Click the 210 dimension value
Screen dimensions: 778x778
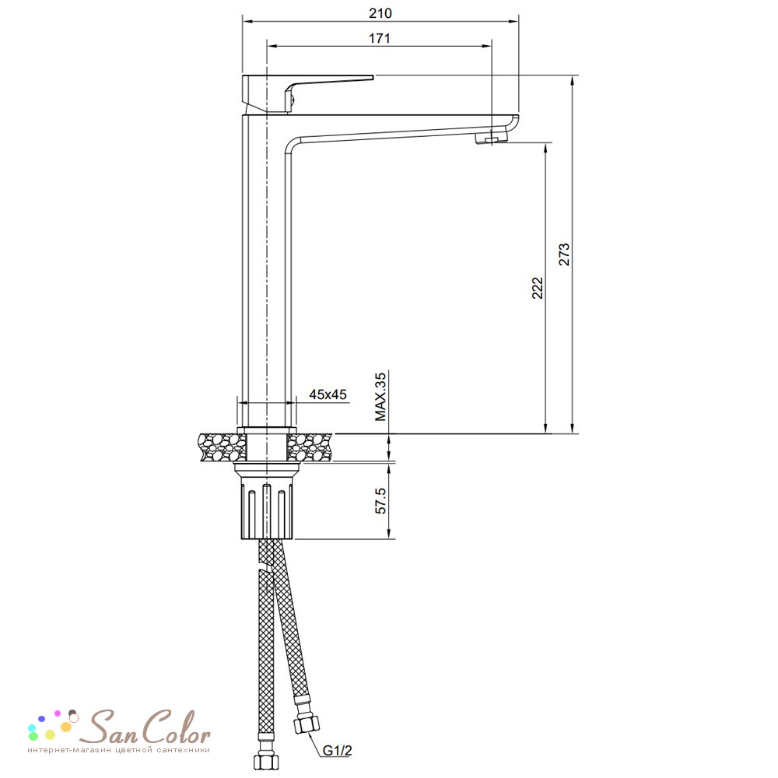(380, 13)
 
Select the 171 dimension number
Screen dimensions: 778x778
(379, 38)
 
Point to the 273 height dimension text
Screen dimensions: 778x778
(565, 254)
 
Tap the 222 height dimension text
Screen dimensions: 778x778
(538, 288)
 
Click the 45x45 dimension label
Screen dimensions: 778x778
(328, 394)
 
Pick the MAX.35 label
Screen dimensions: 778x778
(380, 397)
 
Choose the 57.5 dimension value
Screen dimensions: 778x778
(380, 500)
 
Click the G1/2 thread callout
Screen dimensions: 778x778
(338, 750)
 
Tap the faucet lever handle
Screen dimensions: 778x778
(307, 94)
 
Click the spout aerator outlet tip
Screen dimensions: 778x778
(491, 138)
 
